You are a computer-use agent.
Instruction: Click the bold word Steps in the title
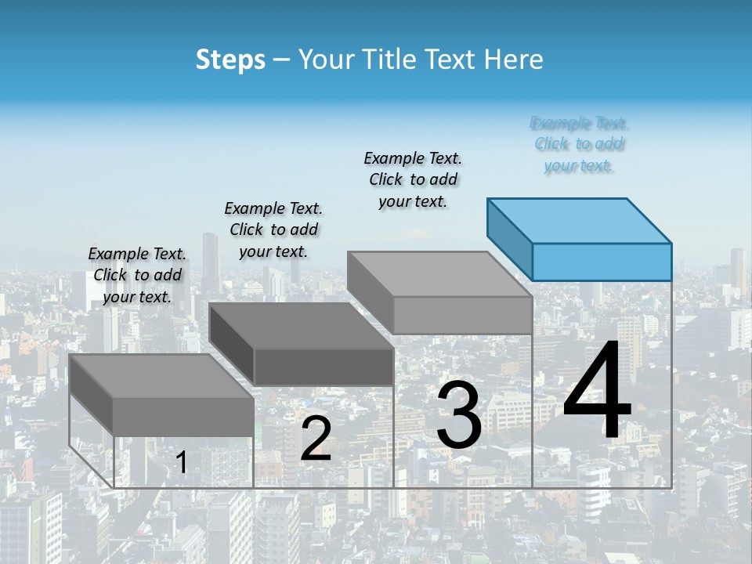click(x=230, y=60)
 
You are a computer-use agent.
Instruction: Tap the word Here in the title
click(x=513, y=60)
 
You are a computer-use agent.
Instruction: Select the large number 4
click(x=597, y=392)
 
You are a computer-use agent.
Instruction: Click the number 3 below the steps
click(x=458, y=416)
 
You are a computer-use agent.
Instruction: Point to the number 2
click(x=316, y=439)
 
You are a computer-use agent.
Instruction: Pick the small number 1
click(x=181, y=463)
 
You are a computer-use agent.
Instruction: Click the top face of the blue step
click(x=580, y=220)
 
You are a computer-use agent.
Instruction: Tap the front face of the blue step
click(x=602, y=262)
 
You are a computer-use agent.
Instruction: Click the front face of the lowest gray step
click(x=183, y=416)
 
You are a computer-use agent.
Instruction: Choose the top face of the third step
click(x=439, y=273)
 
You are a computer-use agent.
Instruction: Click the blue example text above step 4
click(x=580, y=144)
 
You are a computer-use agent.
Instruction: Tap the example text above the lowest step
click(x=137, y=275)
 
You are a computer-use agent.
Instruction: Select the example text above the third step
click(x=413, y=179)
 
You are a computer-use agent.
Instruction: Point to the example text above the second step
click(x=273, y=230)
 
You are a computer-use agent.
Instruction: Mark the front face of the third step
click(x=462, y=315)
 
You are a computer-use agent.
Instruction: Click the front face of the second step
click(x=324, y=367)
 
